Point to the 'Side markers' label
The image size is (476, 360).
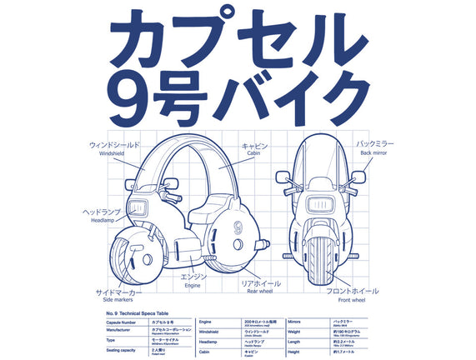[117, 302]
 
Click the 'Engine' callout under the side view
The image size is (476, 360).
[193, 285]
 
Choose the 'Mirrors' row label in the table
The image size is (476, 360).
[293, 319]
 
